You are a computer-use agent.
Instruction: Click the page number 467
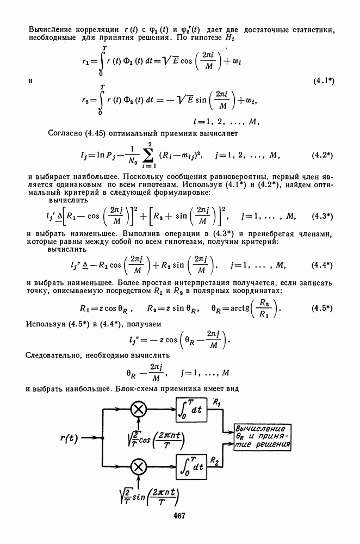click(179, 516)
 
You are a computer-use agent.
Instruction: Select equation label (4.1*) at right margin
click(324, 81)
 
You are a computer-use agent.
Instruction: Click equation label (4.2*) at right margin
click(322, 155)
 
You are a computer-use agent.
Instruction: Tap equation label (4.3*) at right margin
click(322, 217)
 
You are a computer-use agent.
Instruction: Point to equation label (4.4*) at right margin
click(322, 265)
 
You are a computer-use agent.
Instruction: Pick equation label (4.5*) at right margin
click(322, 308)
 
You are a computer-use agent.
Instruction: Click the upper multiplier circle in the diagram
click(139, 410)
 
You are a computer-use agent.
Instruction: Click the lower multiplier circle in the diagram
click(139, 467)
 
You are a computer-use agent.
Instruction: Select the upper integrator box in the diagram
click(191, 410)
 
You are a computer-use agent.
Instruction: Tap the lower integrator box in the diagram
click(191, 466)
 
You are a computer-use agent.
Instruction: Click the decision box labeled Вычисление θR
click(263, 437)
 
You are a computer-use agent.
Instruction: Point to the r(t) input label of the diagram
click(69, 438)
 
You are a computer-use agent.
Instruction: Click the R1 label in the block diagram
click(217, 403)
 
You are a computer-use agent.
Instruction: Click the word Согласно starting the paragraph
click(65, 133)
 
